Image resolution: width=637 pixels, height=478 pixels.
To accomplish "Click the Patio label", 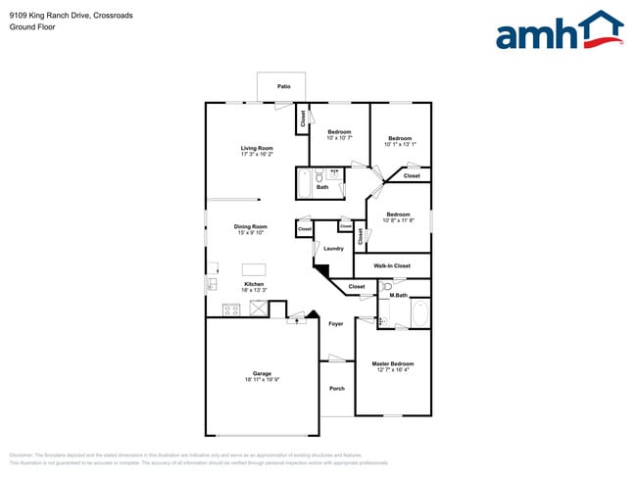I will pos(283,87).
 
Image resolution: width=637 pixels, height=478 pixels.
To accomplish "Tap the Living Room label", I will pos(257,148).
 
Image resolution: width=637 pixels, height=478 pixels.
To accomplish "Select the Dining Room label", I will pos(252,226).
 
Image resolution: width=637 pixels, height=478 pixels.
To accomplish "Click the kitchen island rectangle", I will pos(254,269).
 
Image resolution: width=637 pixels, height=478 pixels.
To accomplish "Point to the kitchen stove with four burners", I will pos(232,310).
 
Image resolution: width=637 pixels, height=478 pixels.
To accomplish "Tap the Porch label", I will pos(336,389).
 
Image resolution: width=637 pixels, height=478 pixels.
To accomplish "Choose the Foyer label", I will pos(335,324).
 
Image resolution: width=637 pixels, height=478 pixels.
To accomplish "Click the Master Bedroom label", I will pos(393,363).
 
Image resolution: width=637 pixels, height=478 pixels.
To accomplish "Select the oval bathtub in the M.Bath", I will pos(419,314).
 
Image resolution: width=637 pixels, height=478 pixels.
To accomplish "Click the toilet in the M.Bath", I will pos(388,287).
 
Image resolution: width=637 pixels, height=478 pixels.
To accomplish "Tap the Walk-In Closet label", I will pos(392,265).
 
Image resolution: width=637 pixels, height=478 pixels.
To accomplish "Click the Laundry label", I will pos(333,248).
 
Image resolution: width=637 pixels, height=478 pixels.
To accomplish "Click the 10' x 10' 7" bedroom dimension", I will pos(339,138).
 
